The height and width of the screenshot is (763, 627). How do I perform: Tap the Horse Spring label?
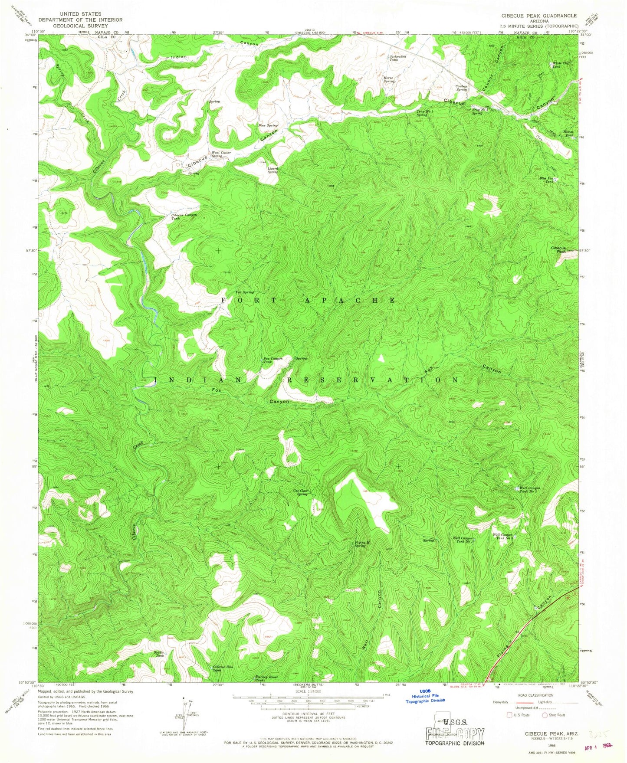click(389, 79)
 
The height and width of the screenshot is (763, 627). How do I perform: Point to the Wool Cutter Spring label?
click(221, 154)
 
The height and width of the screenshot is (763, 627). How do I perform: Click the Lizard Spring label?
click(272, 170)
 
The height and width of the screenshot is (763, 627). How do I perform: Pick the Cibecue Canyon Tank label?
click(184, 216)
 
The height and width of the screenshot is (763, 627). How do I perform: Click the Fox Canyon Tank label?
click(273, 360)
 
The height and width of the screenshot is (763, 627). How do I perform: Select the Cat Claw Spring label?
click(301, 492)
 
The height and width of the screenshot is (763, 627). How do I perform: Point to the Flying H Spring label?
click(360, 544)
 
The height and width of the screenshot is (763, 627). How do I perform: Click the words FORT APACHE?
click(309, 300)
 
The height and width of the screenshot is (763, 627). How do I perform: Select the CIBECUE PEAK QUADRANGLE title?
click(538, 16)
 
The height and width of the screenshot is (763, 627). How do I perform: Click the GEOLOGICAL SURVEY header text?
click(80, 26)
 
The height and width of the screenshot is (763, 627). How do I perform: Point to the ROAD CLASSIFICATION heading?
click(535, 695)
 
